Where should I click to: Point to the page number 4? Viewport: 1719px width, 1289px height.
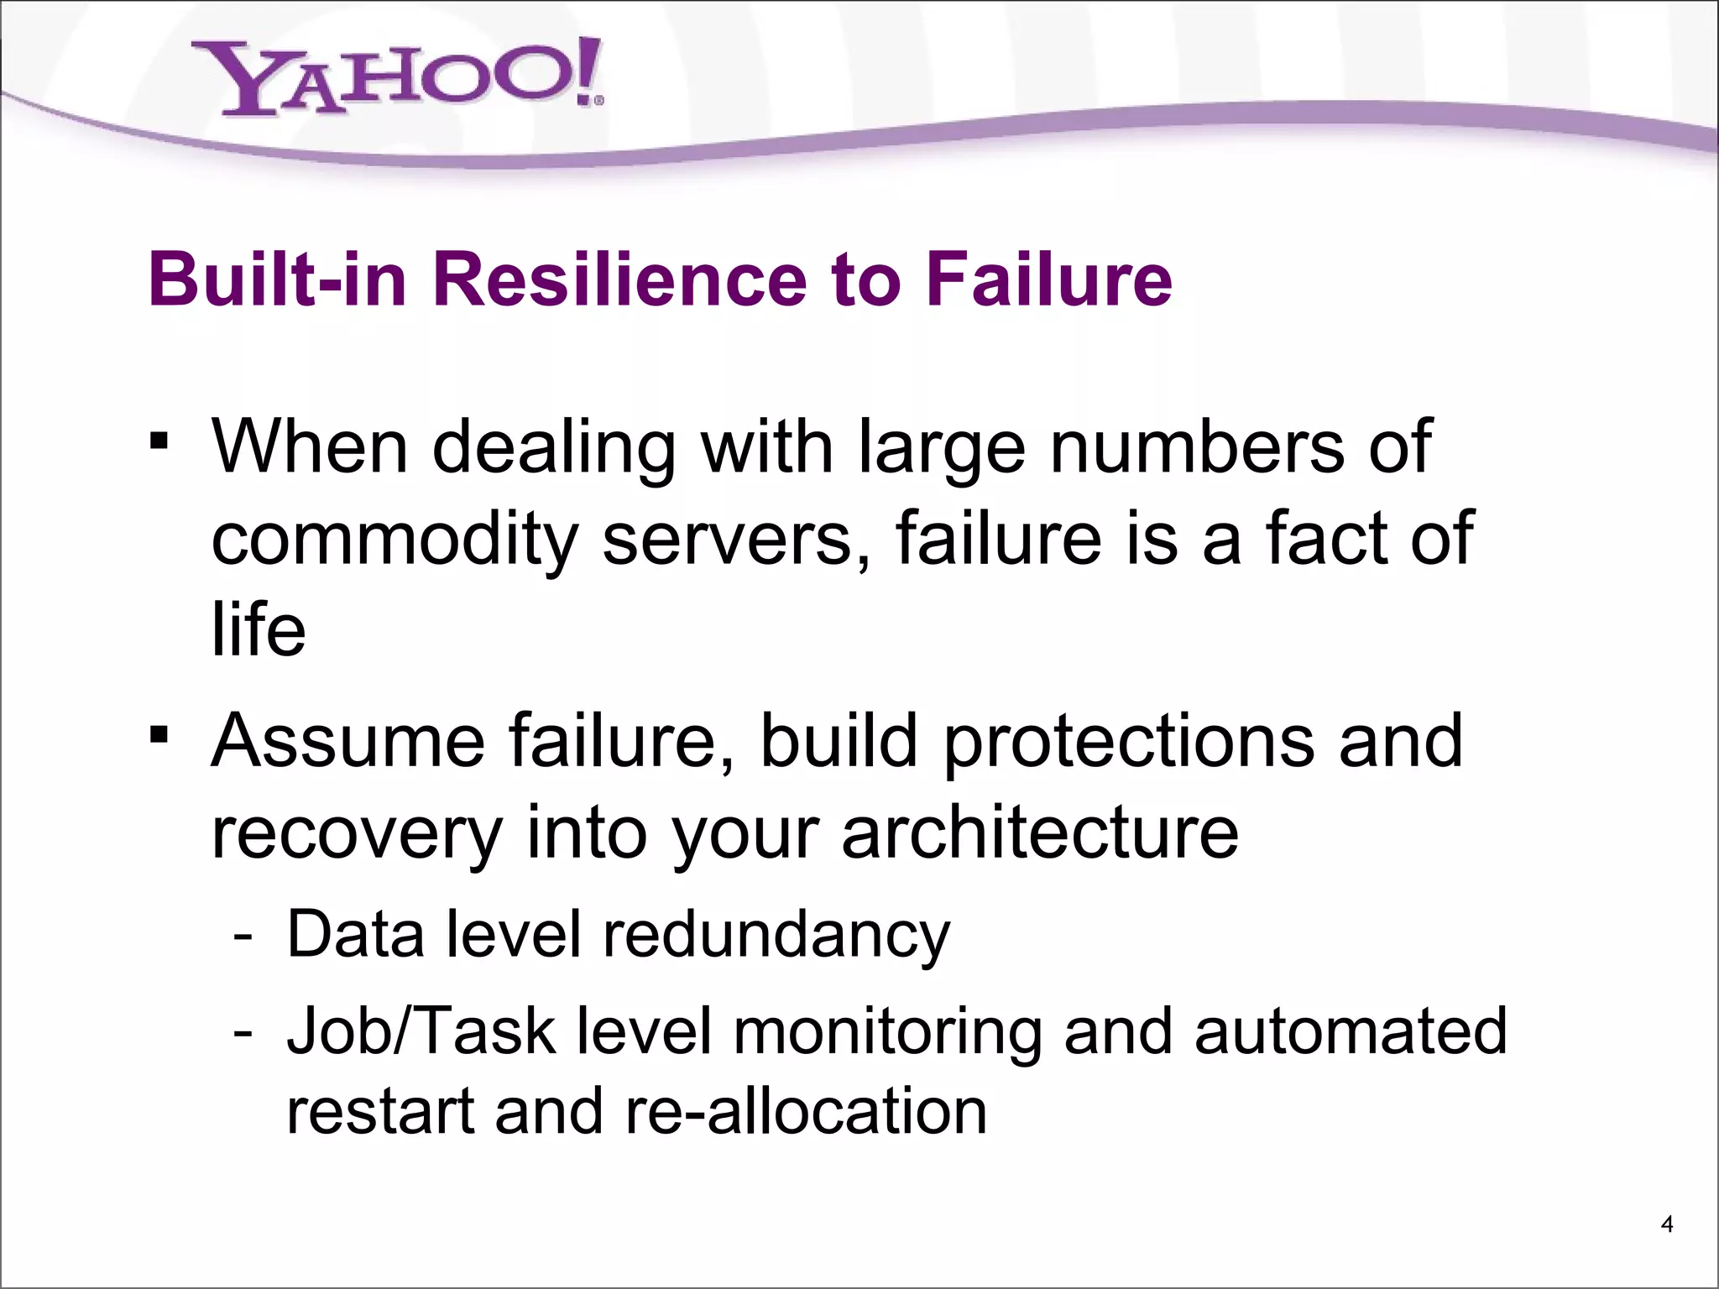coord(1667,1225)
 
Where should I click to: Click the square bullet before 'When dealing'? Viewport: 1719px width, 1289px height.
coord(158,441)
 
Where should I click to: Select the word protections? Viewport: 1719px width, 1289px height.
coord(1129,741)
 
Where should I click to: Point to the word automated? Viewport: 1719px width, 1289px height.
coord(1351,1031)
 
